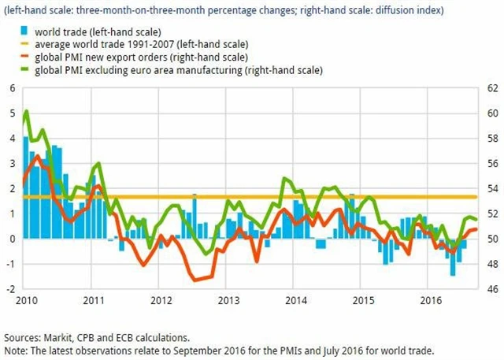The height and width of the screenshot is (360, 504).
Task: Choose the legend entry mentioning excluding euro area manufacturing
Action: pos(169,70)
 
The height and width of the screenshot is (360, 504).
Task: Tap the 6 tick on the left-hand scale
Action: pos(12,87)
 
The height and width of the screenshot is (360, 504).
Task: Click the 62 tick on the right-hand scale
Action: pos(489,87)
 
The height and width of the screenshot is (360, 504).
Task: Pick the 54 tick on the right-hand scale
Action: pos(489,188)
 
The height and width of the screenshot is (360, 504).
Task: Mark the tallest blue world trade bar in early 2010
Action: pos(26,138)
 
